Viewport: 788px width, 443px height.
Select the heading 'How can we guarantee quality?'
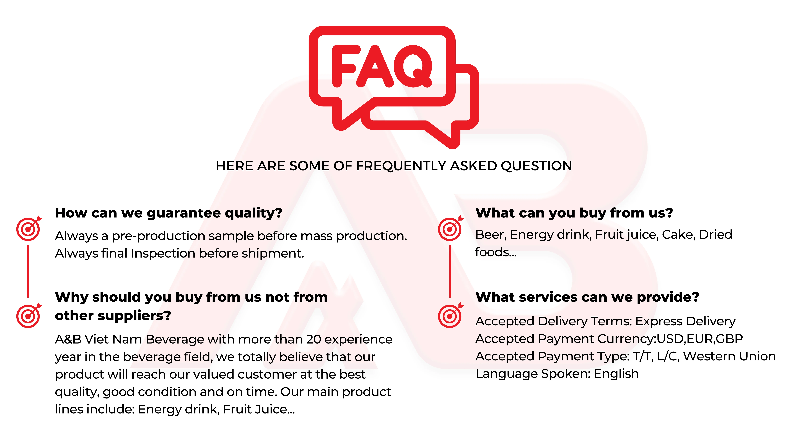[x=169, y=213]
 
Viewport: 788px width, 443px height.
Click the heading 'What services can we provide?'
[x=587, y=297]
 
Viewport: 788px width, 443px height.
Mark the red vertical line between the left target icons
[x=28, y=271]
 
